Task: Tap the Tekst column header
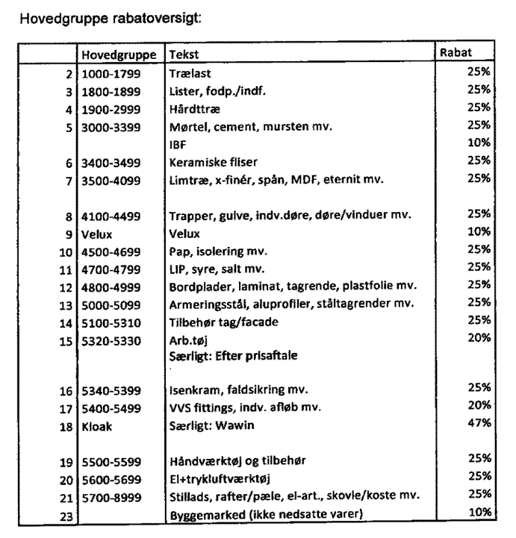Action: coord(184,55)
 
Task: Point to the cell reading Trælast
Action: coord(188,74)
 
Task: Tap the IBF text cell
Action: coord(178,144)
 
